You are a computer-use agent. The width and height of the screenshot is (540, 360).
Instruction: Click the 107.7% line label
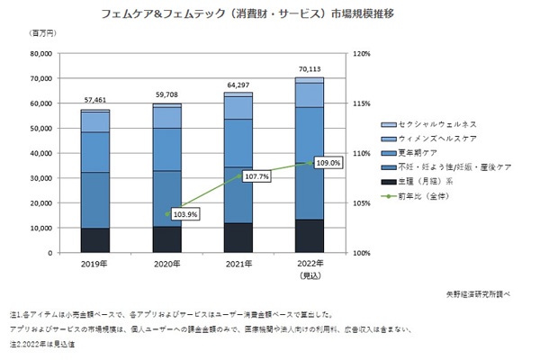[256, 177]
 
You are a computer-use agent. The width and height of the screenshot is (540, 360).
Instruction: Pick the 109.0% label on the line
[328, 163]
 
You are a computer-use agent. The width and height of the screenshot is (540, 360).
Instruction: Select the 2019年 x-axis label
[94, 264]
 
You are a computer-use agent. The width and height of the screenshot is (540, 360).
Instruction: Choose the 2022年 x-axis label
[310, 264]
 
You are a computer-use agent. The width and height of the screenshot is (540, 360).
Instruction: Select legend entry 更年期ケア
[418, 152]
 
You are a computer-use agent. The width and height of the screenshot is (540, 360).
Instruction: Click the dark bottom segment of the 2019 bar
[94, 240]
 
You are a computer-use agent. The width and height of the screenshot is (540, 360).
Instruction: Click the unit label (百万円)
[42, 34]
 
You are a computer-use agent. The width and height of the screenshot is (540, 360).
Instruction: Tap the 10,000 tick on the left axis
[40, 228]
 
